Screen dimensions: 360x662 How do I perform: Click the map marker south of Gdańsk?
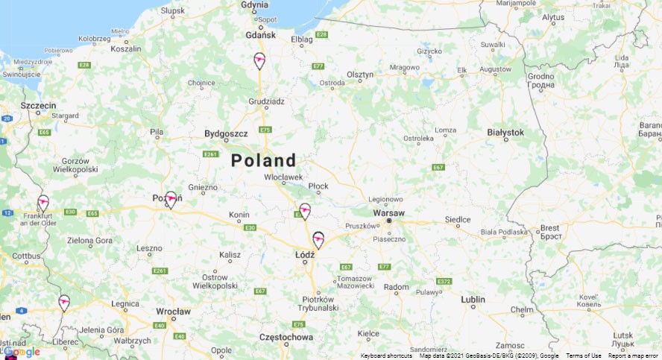click(259, 60)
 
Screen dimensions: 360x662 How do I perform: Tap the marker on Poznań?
click(171, 199)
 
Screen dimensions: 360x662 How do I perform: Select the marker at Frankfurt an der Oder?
click(43, 203)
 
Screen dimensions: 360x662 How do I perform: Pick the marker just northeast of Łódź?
click(318, 239)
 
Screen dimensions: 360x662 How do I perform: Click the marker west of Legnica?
click(64, 302)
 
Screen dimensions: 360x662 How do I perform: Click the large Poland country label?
click(263, 160)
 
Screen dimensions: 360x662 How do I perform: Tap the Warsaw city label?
click(388, 213)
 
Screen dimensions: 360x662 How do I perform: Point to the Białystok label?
click(505, 132)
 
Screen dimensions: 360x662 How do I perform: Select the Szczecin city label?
click(38, 106)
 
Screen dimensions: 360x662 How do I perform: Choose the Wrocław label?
click(174, 312)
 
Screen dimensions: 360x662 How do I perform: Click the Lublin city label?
click(473, 300)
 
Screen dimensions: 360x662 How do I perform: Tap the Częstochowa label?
click(286, 337)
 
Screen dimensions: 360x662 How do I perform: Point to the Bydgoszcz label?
click(226, 133)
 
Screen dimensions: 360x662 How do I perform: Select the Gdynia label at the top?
click(254, 5)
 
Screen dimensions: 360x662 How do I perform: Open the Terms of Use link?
click(584, 356)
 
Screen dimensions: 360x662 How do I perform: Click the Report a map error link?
click(633, 356)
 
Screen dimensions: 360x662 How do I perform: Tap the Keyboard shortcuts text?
click(386, 356)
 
